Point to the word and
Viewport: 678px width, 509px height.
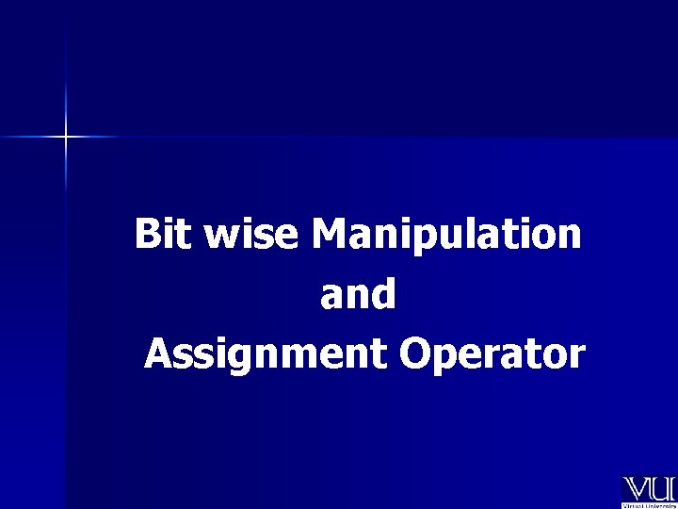tap(358, 295)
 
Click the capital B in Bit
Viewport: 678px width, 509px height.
tap(148, 234)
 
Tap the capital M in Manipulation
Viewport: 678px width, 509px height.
tap(330, 234)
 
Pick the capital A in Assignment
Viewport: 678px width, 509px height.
tap(158, 354)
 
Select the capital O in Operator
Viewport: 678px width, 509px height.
tap(413, 354)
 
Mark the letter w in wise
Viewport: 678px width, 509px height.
tap(220, 236)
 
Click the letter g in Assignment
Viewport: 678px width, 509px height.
tap(231, 360)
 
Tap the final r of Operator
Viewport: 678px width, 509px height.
tap(576, 358)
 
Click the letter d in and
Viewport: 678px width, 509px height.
tap(384, 294)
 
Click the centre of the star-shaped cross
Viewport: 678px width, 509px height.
tap(66, 138)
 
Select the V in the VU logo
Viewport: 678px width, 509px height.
tap(637, 488)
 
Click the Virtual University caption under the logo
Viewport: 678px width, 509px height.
tap(649, 504)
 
